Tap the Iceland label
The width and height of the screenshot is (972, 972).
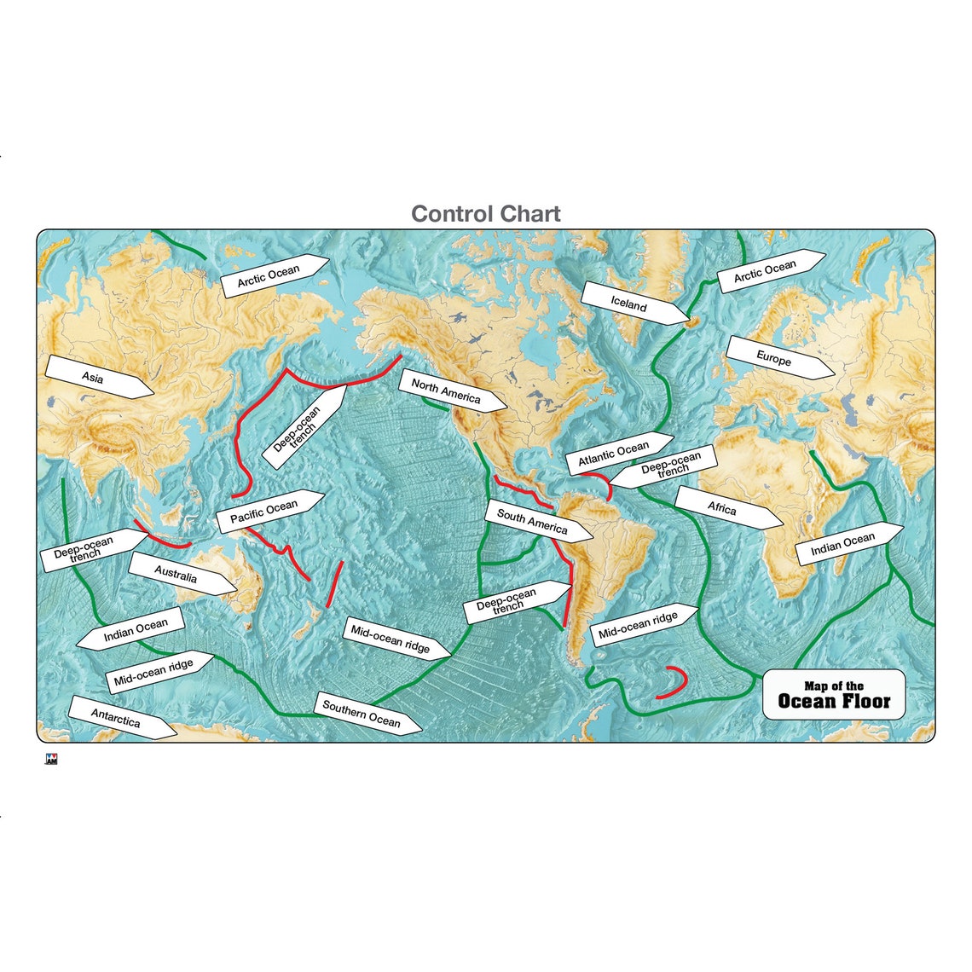pyautogui.click(x=629, y=303)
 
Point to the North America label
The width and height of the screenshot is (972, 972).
pyautogui.click(x=446, y=391)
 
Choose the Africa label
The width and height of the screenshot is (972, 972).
pyautogui.click(x=721, y=508)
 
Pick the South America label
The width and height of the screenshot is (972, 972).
pyautogui.click(x=532, y=522)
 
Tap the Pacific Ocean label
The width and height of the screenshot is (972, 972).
pyautogui.click(x=264, y=512)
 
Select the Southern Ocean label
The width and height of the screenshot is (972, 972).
pyautogui.click(x=361, y=714)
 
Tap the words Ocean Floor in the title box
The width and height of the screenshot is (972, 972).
pyautogui.click(x=834, y=702)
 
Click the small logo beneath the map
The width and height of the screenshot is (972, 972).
pyautogui.click(x=51, y=761)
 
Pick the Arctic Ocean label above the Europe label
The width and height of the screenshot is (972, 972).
pyautogui.click(x=765, y=271)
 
